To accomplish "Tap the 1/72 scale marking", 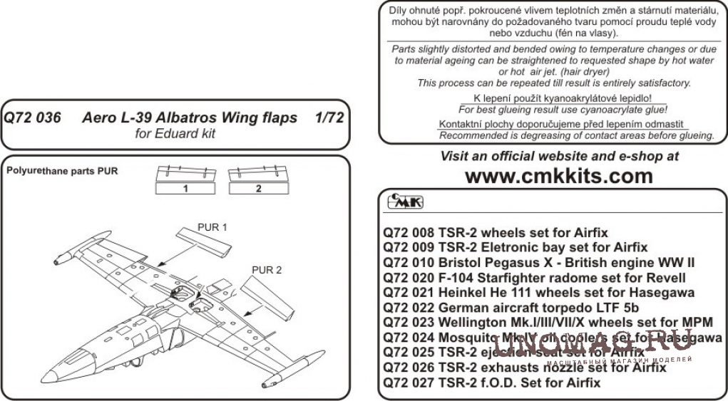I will pos(327,118).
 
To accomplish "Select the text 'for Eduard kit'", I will pos(176,133).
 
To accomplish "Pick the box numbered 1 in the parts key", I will pos(185,189).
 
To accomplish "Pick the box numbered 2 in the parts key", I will pos(258,189).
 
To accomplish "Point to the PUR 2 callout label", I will pos(267,270).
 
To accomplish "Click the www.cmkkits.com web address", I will pos(558,176).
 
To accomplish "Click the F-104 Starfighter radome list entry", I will pos(534,277).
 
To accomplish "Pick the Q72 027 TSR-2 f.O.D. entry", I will pos(492,382).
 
